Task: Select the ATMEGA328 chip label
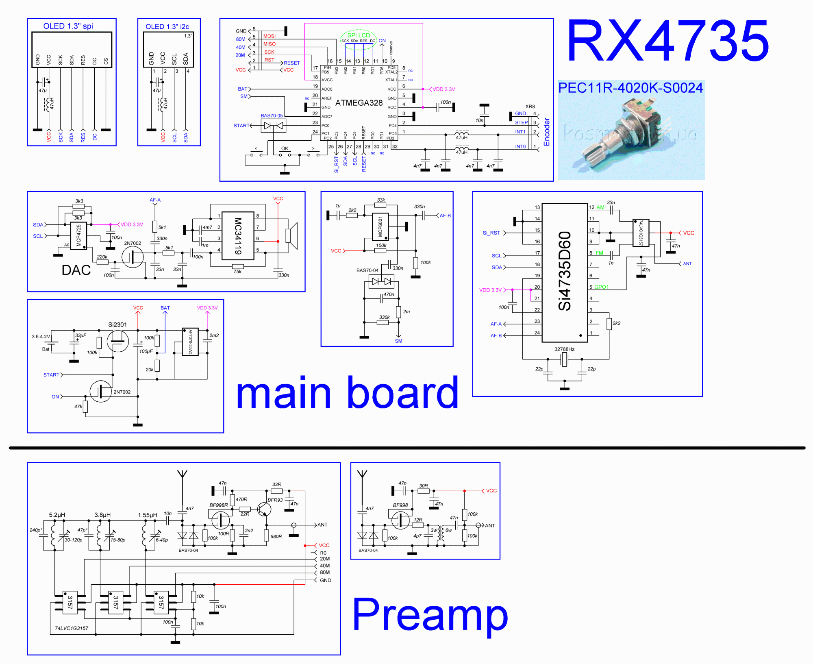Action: point(359,103)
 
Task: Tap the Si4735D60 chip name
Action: point(565,271)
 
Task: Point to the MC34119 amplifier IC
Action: point(238,236)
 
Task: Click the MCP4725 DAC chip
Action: point(78,236)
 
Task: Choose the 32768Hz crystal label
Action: point(564,349)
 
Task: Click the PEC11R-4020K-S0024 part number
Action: point(630,88)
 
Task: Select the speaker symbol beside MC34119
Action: point(292,236)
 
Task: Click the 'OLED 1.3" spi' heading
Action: point(68,26)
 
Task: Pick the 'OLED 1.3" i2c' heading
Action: point(167,27)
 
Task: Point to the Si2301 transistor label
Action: point(117,324)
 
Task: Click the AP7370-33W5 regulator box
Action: point(190,342)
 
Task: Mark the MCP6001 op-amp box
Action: point(380,226)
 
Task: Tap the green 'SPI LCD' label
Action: point(359,35)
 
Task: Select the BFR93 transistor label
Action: point(275,500)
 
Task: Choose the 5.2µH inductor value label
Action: point(57,515)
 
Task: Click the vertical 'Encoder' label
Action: point(547,132)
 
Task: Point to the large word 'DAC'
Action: point(76,270)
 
